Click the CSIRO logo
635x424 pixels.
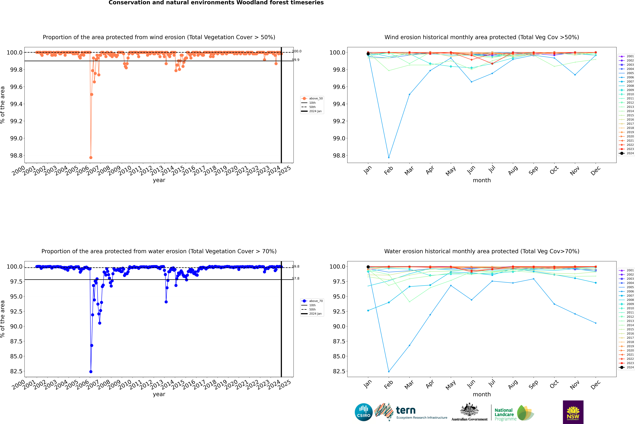(364, 412)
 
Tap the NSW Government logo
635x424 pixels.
(573, 412)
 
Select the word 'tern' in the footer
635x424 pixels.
(405, 410)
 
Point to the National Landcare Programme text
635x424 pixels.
(504, 414)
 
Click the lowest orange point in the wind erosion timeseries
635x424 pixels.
(91, 157)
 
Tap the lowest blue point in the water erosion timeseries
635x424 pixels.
(91, 372)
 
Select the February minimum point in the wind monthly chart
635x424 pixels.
(389, 157)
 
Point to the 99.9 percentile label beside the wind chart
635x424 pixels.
(296, 60)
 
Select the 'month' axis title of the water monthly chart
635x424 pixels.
(482, 394)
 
